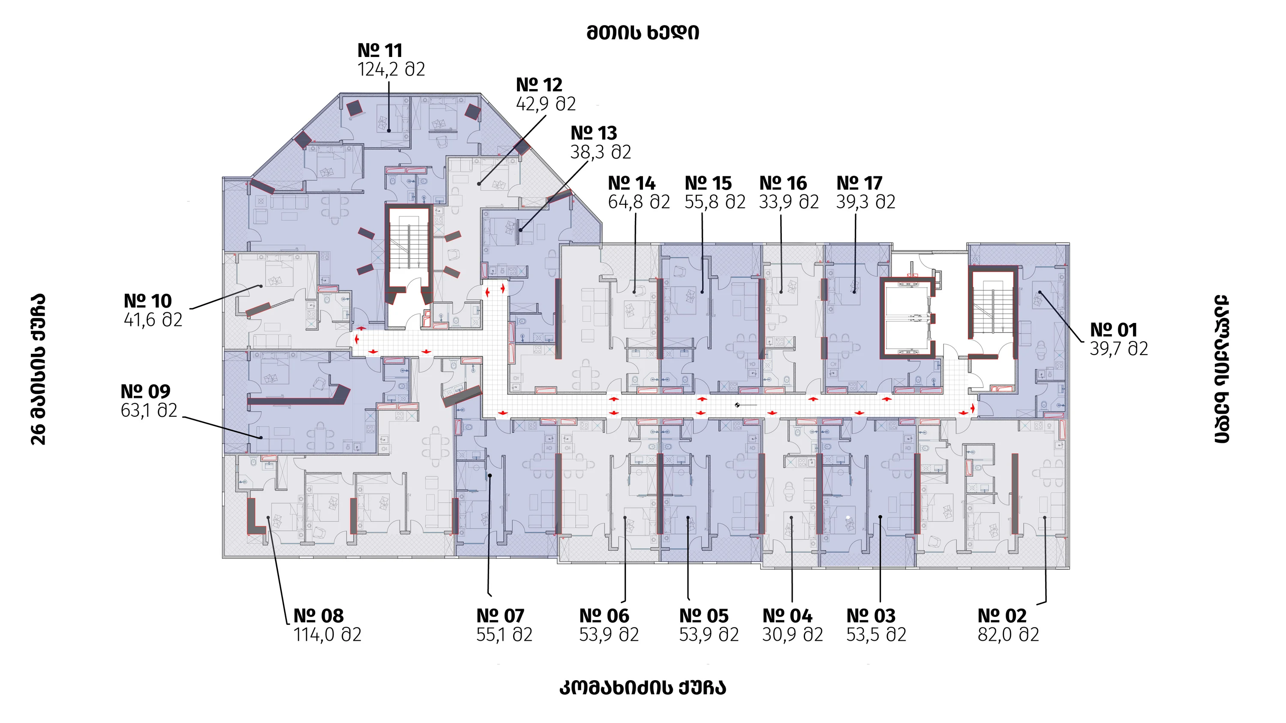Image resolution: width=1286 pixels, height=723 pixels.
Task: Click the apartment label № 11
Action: click(380, 51)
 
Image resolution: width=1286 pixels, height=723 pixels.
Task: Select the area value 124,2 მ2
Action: click(391, 69)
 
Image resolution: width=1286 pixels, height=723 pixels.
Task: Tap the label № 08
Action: click(318, 616)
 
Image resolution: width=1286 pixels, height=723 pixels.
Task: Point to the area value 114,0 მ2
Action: click(327, 635)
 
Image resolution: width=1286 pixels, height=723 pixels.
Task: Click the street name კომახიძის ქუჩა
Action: click(643, 687)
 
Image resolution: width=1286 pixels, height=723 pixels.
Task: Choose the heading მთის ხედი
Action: click(643, 33)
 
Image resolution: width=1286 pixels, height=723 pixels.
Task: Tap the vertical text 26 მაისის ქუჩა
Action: click(39, 369)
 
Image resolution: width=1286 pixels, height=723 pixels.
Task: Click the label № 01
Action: click(1113, 330)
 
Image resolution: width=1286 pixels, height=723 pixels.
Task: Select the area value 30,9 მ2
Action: click(792, 635)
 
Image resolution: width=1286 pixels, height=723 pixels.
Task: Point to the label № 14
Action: click(631, 183)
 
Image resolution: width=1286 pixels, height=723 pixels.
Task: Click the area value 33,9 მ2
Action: click(789, 202)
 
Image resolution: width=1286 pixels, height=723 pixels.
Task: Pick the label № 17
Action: click(859, 183)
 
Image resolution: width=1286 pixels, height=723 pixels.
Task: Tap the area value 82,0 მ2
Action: click(1008, 635)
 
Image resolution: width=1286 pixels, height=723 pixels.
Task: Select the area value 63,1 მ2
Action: click(149, 410)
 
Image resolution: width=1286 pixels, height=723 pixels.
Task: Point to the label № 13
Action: click(594, 133)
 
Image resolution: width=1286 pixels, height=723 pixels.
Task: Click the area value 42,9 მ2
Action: click(546, 104)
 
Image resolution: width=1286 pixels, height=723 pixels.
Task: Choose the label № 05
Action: click(704, 616)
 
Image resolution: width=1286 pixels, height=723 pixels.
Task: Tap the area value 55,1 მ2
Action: click(504, 635)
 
